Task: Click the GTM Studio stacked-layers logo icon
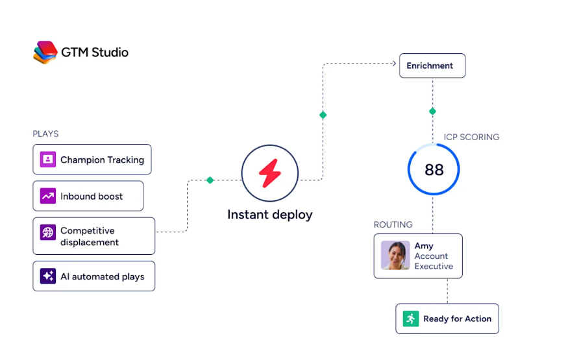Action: pyautogui.click(x=45, y=52)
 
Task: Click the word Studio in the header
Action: pyautogui.click(x=110, y=53)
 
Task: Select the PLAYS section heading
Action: pyautogui.click(x=45, y=134)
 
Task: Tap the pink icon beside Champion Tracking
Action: pyautogui.click(x=48, y=159)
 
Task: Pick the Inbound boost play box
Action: pyautogui.click(x=88, y=196)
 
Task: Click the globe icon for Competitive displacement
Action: pyautogui.click(x=48, y=232)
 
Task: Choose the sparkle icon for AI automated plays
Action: pyautogui.click(x=48, y=276)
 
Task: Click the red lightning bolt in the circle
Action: pyautogui.click(x=270, y=173)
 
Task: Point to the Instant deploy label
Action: pyautogui.click(x=270, y=215)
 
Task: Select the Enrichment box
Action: pyautogui.click(x=432, y=66)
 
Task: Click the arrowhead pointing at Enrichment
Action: pyautogui.click(x=394, y=64)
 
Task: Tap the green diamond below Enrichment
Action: pyautogui.click(x=432, y=111)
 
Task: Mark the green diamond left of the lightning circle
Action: pyautogui.click(x=210, y=180)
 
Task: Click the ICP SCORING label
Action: pyautogui.click(x=472, y=137)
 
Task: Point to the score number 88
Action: pyautogui.click(x=434, y=170)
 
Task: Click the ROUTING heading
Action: pyautogui.click(x=393, y=224)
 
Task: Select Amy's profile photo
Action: pyautogui.click(x=395, y=256)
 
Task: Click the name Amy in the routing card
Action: pyautogui.click(x=424, y=246)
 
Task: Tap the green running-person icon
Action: pyautogui.click(x=411, y=318)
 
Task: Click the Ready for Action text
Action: pyautogui.click(x=458, y=318)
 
